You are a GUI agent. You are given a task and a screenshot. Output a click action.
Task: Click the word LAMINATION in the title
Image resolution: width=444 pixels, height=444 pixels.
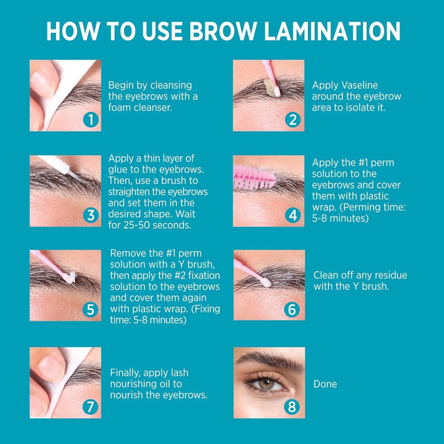point(332,31)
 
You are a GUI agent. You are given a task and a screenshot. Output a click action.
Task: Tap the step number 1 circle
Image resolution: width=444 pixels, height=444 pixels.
point(91,120)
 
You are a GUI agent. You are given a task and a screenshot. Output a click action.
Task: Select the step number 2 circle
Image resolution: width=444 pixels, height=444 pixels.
point(293,120)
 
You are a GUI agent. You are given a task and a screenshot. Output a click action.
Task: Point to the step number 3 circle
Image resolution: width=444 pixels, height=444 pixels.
point(91,215)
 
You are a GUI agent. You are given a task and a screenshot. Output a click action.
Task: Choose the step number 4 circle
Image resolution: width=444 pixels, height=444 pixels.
point(293,215)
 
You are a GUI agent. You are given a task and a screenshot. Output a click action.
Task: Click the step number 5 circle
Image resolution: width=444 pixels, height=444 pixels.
point(90,310)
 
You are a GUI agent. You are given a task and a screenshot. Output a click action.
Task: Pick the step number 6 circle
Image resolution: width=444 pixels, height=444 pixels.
point(292,310)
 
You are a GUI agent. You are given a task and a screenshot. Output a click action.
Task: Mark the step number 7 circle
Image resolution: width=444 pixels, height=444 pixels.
point(90,407)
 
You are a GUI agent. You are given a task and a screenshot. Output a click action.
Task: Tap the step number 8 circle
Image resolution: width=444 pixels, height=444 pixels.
point(292,407)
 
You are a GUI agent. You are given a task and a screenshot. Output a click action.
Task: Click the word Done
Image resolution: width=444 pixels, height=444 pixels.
point(325,384)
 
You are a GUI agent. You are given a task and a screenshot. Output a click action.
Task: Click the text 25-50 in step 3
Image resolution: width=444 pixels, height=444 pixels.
point(137,225)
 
